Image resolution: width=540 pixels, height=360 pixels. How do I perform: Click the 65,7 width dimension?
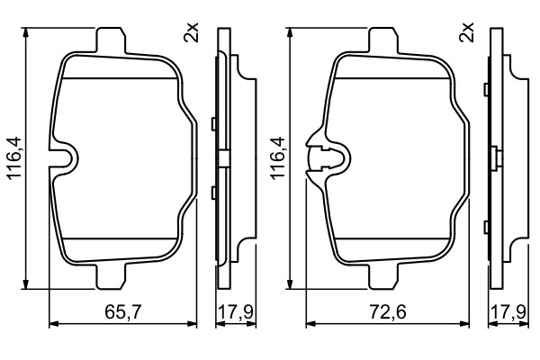coord(123,312)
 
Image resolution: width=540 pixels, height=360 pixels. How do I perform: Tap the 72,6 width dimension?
coord(388,312)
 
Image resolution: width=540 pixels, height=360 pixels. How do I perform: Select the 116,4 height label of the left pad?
coord(14,158)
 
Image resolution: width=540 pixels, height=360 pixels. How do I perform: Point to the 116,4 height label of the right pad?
coord(278,157)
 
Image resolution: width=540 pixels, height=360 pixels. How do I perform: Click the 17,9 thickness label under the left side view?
coord(236,312)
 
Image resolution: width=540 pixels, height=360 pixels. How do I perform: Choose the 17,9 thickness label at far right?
coord(508,312)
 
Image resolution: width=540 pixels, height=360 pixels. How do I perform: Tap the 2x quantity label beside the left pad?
coord(191,32)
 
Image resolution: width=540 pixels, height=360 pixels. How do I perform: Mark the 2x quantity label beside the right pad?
coord(466,32)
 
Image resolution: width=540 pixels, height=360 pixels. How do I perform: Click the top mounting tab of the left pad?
coord(111,40)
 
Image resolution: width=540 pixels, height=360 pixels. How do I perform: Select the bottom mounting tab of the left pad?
coord(111,276)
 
